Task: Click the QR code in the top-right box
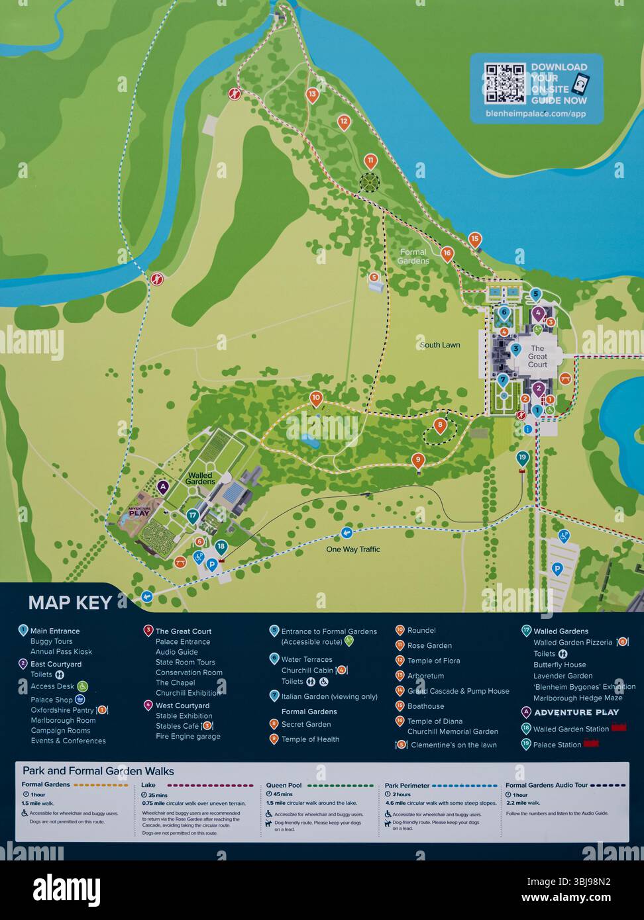click(x=505, y=83)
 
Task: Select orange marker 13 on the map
click(x=313, y=95)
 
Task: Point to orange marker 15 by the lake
click(x=474, y=240)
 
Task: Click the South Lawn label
click(x=440, y=345)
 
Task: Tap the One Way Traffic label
click(x=353, y=549)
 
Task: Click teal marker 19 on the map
click(x=523, y=457)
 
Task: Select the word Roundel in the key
click(x=421, y=631)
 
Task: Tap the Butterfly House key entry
click(x=559, y=665)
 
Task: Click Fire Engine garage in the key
click(x=188, y=737)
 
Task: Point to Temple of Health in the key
click(x=310, y=739)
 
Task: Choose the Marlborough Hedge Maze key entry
click(x=578, y=698)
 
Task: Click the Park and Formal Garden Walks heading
click(x=98, y=771)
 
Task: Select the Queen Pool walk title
click(x=284, y=786)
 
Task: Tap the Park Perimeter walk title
click(x=407, y=786)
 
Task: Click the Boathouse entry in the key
click(x=425, y=706)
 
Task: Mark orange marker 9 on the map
click(x=417, y=460)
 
